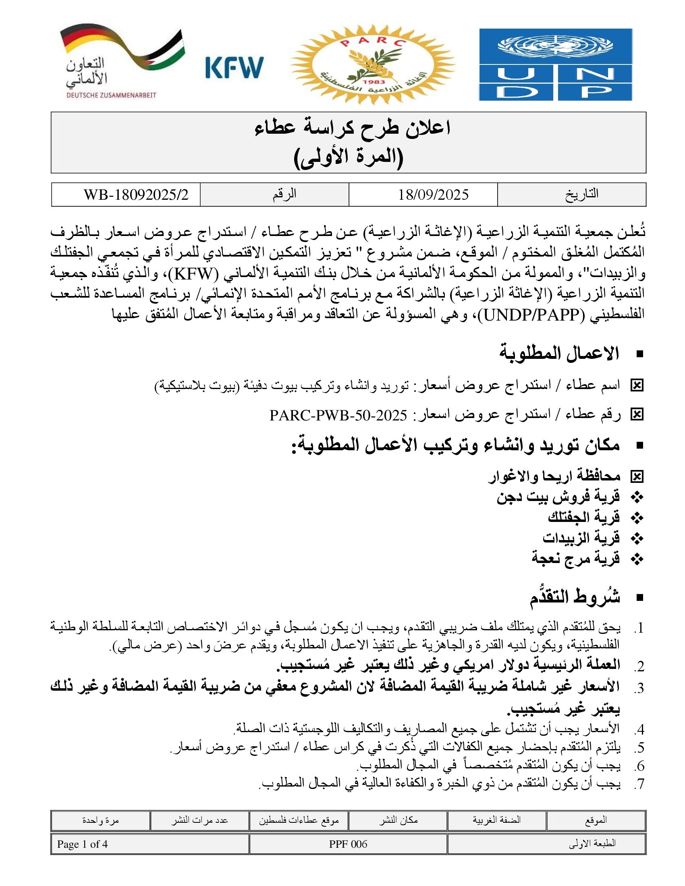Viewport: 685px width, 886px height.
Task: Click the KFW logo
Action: tap(234, 67)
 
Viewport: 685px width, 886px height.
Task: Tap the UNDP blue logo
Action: tap(556, 64)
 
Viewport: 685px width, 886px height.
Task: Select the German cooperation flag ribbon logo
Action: tap(122, 61)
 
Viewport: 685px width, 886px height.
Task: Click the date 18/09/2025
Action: tap(433, 195)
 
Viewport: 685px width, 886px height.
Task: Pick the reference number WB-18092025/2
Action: tap(136, 195)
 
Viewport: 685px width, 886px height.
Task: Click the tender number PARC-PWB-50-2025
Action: tap(338, 415)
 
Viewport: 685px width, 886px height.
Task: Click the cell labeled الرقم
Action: tap(284, 195)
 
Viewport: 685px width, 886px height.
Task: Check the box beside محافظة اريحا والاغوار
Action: tap(637, 477)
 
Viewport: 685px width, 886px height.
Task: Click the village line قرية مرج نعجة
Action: tap(575, 558)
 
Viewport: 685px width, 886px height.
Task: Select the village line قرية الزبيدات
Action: tap(581, 538)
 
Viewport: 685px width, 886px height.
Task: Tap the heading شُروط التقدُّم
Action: tap(575, 598)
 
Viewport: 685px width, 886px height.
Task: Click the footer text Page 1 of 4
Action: tap(82, 844)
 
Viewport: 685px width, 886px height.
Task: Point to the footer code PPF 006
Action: tap(348, 844)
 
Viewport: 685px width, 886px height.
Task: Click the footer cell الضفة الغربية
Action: tap(496, 820)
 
